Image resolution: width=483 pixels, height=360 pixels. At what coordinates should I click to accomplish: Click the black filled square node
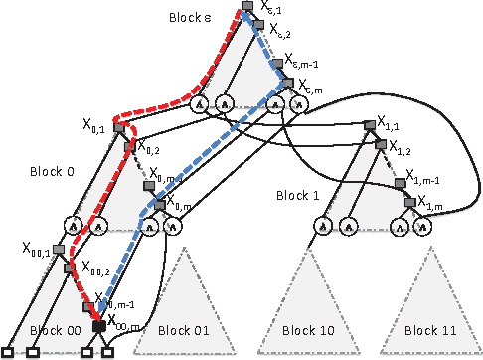coord(98,325)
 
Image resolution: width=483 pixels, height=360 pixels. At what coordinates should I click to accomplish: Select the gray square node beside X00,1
coord(58,248)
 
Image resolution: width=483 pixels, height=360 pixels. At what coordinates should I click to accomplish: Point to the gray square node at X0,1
coord(119,128)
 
